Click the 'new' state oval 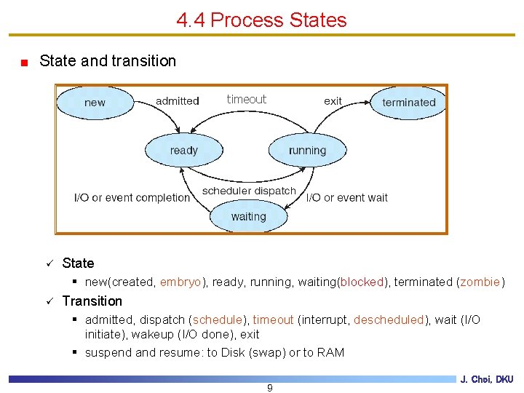(x=95, y=103)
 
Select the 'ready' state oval (x=183, y=151)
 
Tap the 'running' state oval (x=307, y=151)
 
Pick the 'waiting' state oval (x=248, y=217)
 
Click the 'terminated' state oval (x=408, y=103)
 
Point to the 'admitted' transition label (x=177, y=101)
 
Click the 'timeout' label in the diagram (x=247, y=100)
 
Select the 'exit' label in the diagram (x=333, y=101)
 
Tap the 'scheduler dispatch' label (x=249, y=191)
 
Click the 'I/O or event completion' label (x=132, y=197)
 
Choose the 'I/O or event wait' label (x=347, y=197)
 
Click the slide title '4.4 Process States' (x=262, y=20)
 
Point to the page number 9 (x=270, y=388)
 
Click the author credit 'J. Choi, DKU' (x=487, y=379)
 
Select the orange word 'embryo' (x=180, y=282)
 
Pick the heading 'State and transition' (x=108, y=61)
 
